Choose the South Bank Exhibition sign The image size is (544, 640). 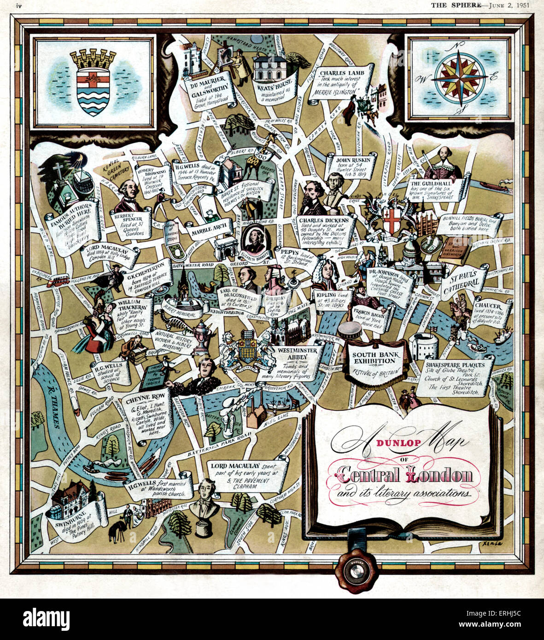pos(374,358)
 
